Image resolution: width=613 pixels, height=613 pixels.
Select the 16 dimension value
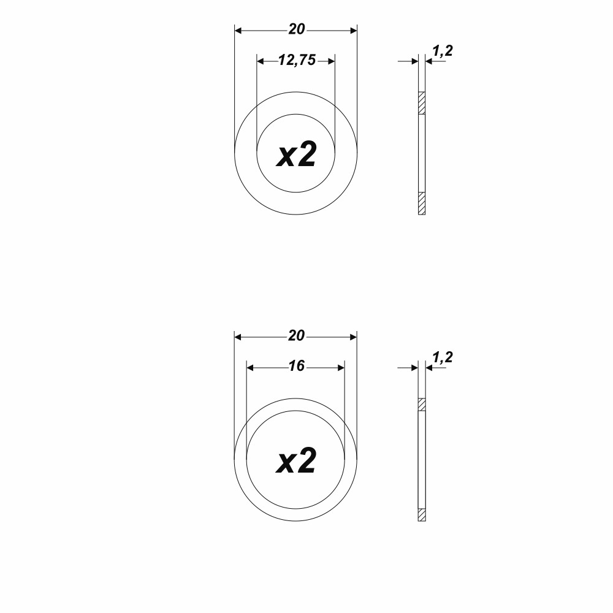pyautogui.click(x=296, y=367)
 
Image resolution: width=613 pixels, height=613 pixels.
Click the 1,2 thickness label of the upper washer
pyautogui.click(x=442, y=51)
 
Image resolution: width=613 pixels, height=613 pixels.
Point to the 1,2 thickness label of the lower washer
pyautogui.click(x=442, y=357)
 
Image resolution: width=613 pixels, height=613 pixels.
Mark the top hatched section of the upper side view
pyautogui.click(x=422, y=103)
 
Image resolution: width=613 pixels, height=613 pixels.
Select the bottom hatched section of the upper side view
pyautogui.click(x=422, y=204)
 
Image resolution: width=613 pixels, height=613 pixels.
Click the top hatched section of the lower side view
pyautogui.click(x=422, y=405)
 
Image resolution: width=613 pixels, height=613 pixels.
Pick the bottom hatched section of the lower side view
pyautogui.click(x=422, y=515)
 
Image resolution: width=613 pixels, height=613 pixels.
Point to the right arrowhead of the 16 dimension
pyautogui.click(x=341, y=367)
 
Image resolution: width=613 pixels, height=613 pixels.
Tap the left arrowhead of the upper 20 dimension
pyautogui.click(x=238, y=30)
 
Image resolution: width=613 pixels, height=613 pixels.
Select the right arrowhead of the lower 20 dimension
pyautogui.click(x=353, y=337)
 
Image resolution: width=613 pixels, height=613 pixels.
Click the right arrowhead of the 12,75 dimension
pyautogui.click(x=331, y=61)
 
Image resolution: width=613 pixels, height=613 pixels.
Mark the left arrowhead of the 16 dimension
pyautogui.click(x=250, y=367)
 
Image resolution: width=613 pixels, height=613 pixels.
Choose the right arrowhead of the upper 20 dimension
pyautogui.click(x=353, y=30)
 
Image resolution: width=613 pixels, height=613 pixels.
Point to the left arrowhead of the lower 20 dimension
pyautogui.click(x=238, y=337)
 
